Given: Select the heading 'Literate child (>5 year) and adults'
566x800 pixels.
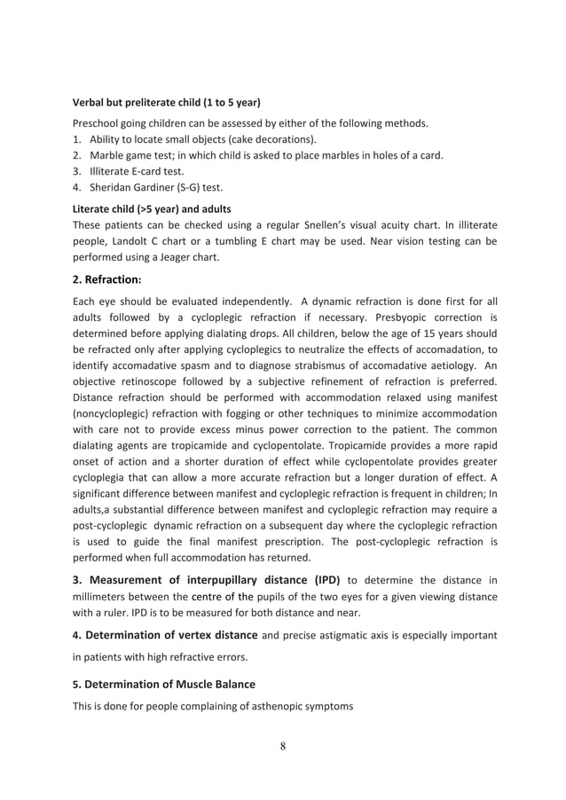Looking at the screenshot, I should coord(151,208).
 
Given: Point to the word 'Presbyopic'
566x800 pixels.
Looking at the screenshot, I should coord(420,317).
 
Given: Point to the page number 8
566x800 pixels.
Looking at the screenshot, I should coord(283,745).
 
